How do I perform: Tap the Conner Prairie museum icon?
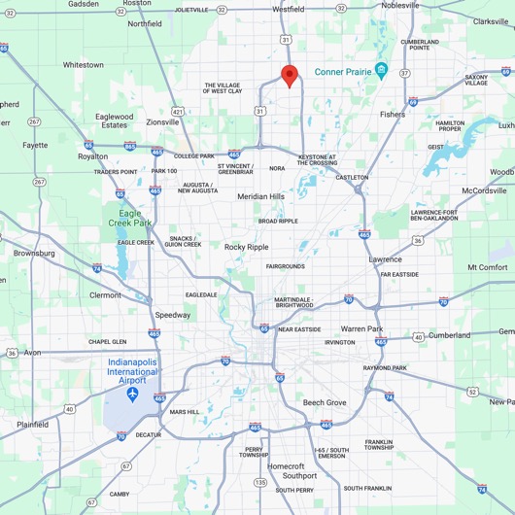click(x=382, y=70)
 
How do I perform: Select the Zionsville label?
click(x=162, y=122)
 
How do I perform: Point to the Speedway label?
click(x=173, y=315)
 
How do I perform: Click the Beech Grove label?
click(x=324, y=402)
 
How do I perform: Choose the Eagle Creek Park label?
click(x=123, y=219)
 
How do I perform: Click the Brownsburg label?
click(x=34, y=253)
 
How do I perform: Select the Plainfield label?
click(x=32, y=425)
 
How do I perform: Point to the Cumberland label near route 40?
click(x=449, y=335)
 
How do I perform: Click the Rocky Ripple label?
click(x=247, y=247)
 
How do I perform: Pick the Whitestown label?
click(x=83, y=65)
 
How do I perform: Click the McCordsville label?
click(x=484, y=190)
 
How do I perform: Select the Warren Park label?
click(x=361, y=329)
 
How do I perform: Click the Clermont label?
click(x=105, y=295)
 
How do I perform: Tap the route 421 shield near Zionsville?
click(x=177, y=112)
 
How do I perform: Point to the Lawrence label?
click(x=385, y=259)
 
